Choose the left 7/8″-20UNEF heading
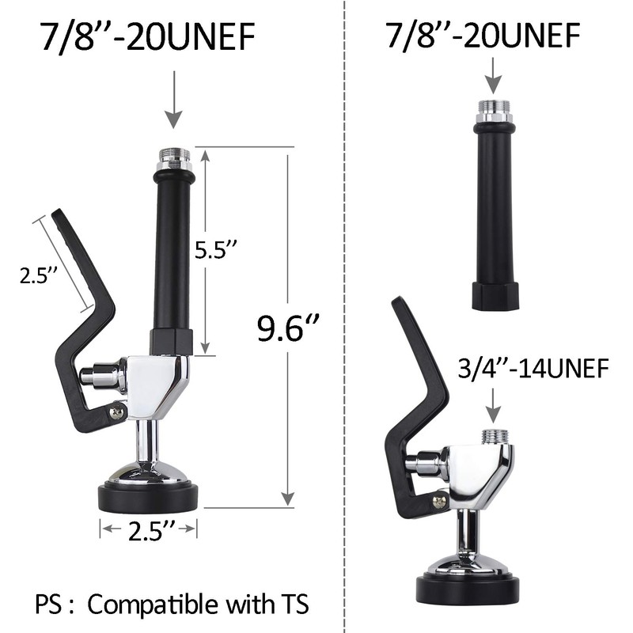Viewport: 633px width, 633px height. pyautogui.click(x=150, y=38)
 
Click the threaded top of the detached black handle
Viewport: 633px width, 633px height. pyautogui.click(x=494, y=110)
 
